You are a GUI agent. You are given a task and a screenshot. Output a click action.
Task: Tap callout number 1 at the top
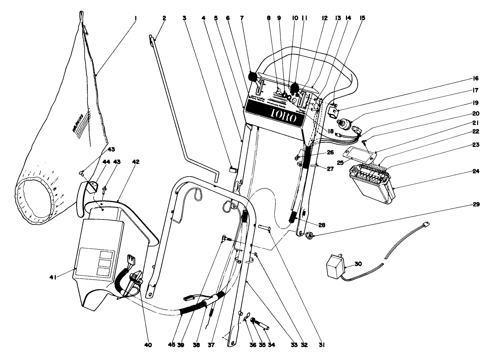point(136,18)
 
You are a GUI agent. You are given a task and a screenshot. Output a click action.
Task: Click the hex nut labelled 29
point(310,235)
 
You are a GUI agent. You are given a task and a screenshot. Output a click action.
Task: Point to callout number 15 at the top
point(363,18)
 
